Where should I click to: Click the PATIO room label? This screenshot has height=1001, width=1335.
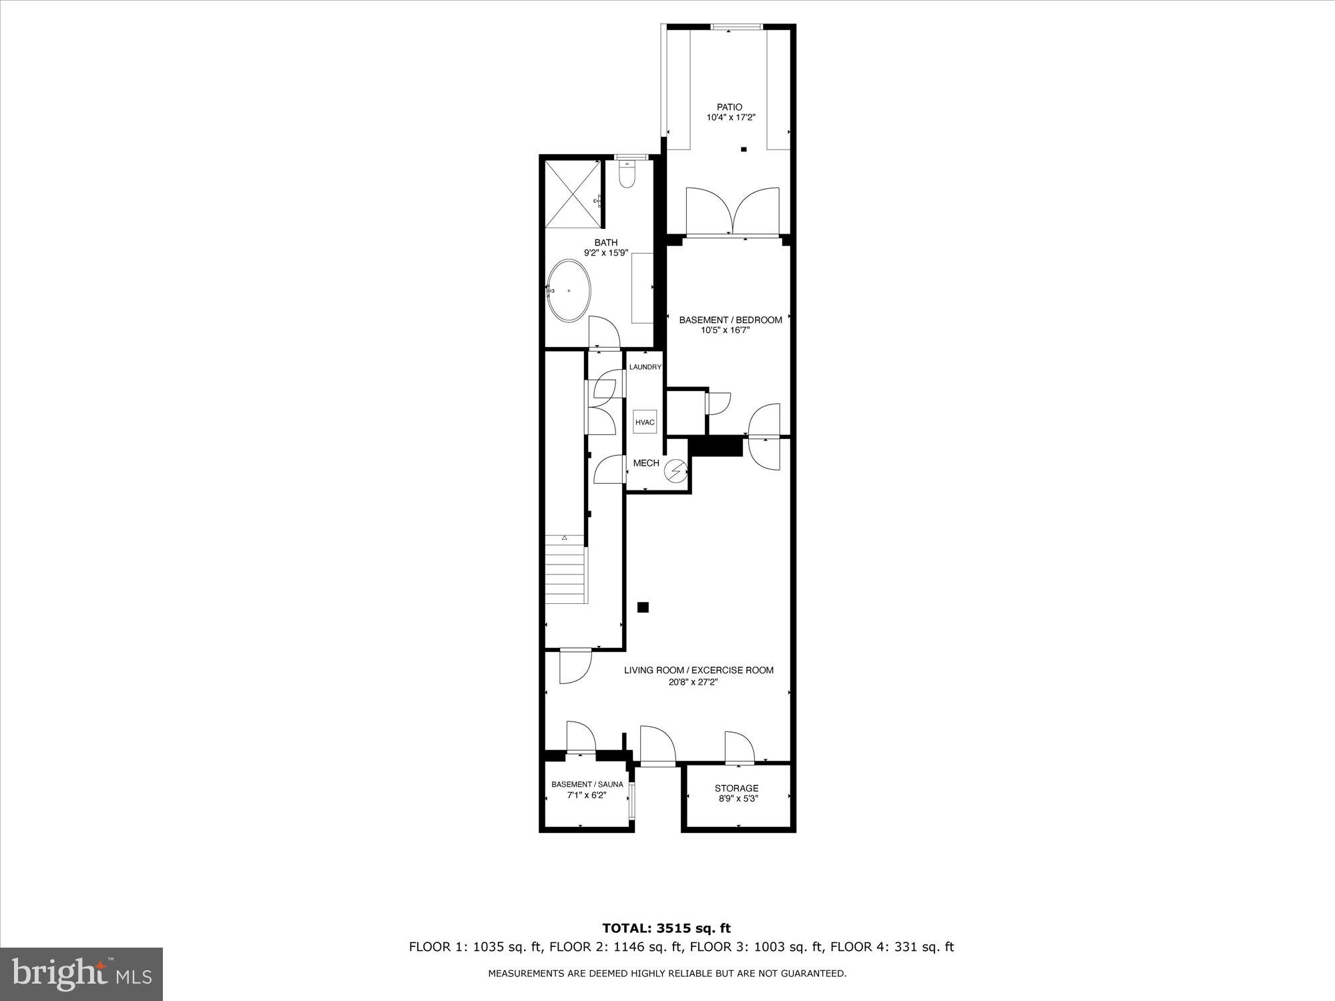[x=730, y=107]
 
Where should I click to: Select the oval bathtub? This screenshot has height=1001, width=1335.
[x=569, y=291]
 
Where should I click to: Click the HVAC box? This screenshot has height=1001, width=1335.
[x=645, y=422]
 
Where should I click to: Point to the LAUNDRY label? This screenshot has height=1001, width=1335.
[x=645, y=367]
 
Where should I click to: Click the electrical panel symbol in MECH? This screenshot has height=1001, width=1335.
[x=676, y=471]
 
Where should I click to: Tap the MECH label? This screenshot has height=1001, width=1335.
[x=645, y=463]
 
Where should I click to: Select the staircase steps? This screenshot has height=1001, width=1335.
[x=566, y=575]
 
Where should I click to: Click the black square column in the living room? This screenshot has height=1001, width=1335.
[x=643, y=607]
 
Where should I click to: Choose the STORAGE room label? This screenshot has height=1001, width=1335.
[x=737, y=788]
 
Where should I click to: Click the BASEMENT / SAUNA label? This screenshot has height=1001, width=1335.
[x=587, y=784]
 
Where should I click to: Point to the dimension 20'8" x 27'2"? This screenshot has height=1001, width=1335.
[x=698, y=682]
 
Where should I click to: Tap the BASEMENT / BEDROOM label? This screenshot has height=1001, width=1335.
[x=730, y=320]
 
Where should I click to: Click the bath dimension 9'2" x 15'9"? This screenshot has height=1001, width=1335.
[x=606, y=253]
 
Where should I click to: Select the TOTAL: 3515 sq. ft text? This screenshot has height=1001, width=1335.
[x=666, y=928]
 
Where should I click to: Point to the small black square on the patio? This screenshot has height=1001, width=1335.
[x=744, y=149]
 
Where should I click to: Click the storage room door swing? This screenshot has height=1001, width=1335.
[x=739, y=747]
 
